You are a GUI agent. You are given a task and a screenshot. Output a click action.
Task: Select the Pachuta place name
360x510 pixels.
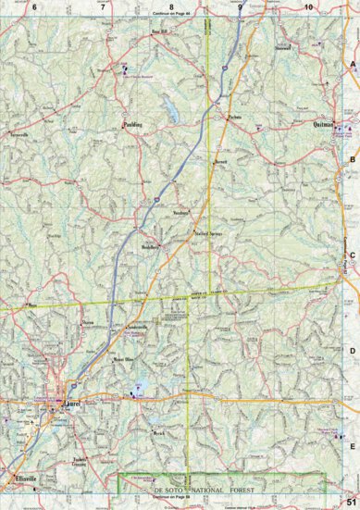[x=235, y=118]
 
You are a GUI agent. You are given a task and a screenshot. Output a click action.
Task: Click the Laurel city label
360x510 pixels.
[x=70, y=404]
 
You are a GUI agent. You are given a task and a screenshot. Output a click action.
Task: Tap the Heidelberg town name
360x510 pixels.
[x=150, y=247]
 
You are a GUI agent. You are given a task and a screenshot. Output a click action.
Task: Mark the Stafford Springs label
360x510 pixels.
[x=210, y=234]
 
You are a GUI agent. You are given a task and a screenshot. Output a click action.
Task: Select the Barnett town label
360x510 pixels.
[x=220, y=162]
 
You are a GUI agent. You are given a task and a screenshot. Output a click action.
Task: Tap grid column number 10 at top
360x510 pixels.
[x=308, y=7]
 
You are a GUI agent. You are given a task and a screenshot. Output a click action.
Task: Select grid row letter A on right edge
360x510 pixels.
[x=353, y=63]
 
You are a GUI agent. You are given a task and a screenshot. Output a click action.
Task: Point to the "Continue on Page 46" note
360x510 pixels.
[x=169, y=17]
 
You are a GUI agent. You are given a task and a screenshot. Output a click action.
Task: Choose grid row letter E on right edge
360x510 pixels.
[x=353, y=444]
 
